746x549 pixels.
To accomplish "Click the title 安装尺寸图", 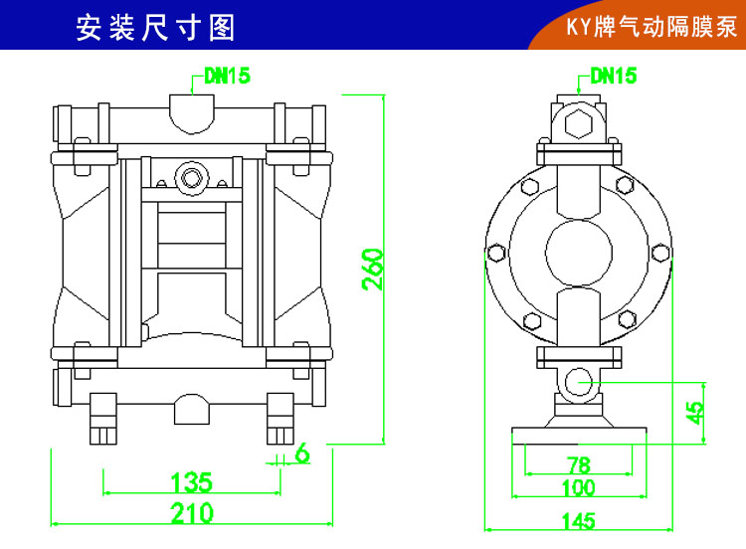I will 156,27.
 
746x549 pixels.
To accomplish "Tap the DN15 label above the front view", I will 228,76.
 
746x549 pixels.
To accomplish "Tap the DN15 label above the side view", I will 613,76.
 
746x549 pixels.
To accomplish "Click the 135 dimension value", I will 192,482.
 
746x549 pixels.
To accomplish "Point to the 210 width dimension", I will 192,513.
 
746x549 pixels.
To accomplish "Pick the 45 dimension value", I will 696,408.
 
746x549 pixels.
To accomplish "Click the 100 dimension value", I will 578,488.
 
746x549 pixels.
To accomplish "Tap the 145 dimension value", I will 578,521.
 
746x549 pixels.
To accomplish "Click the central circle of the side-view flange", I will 579,251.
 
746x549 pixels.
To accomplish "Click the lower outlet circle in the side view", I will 579,381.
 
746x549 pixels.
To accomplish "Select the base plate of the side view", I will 579,432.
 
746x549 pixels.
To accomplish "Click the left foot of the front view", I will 103,418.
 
